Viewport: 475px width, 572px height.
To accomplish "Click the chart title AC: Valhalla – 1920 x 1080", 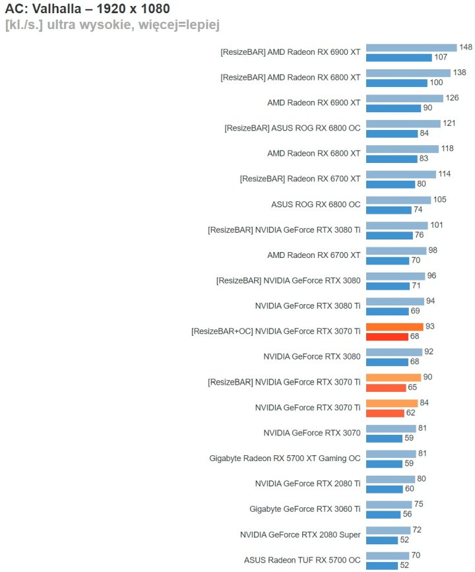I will [x=88, y=10].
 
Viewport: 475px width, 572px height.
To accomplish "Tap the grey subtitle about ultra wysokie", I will [x=112, y=25].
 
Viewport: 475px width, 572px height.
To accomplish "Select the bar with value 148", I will [x=411, y=48].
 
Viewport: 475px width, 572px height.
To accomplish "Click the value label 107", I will [x=441, y=57].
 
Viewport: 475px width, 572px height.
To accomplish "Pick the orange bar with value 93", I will [x=395, y=327].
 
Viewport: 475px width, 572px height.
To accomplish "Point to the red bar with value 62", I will [x=385, y=413].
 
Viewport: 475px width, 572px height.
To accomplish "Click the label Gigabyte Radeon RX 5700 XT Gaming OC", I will [x=285, y=458].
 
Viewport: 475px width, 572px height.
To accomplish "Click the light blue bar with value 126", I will [x=404, y=98].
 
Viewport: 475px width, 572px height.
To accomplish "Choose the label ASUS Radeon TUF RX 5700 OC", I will [x=302, y=559].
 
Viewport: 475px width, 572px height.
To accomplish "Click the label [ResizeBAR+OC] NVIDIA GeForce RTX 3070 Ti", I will [x=276, y=331].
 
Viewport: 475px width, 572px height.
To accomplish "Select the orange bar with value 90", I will [x=393, y=377].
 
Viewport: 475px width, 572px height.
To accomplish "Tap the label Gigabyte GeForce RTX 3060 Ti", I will [x=305, y=509].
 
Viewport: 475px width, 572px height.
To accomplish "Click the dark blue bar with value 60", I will [x=384, y=489].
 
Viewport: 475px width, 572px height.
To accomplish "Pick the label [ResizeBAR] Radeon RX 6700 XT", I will [x=300, y=179].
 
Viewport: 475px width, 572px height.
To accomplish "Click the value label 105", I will [x=440, y=200].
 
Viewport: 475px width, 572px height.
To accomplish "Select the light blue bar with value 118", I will [x=402, y=149].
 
